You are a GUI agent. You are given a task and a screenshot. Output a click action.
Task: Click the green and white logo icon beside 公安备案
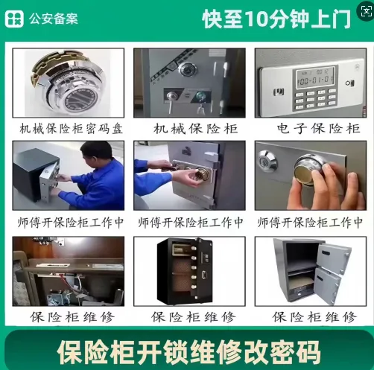14,19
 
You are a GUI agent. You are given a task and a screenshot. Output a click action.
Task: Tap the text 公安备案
54,19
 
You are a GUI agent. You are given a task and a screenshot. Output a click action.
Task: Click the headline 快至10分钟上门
276,19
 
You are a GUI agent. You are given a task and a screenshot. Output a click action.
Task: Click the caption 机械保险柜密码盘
72,129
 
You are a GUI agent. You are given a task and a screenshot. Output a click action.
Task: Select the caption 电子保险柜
319,129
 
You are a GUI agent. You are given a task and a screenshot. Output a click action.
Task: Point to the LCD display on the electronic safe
315,77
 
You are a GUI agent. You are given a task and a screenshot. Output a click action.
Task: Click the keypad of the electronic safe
315,99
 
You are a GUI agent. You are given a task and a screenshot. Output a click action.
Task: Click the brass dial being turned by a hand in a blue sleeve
203,174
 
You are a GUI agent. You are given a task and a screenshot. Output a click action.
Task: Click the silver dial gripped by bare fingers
310,168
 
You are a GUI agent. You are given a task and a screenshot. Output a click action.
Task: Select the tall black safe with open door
185,271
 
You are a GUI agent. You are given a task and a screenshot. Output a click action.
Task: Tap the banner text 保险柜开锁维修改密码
188,352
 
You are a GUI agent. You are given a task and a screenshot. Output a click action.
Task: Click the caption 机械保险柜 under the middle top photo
196,129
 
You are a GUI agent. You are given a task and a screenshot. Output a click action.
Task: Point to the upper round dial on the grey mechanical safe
188,69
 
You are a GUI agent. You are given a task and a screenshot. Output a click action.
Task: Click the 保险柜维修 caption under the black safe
193,317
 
